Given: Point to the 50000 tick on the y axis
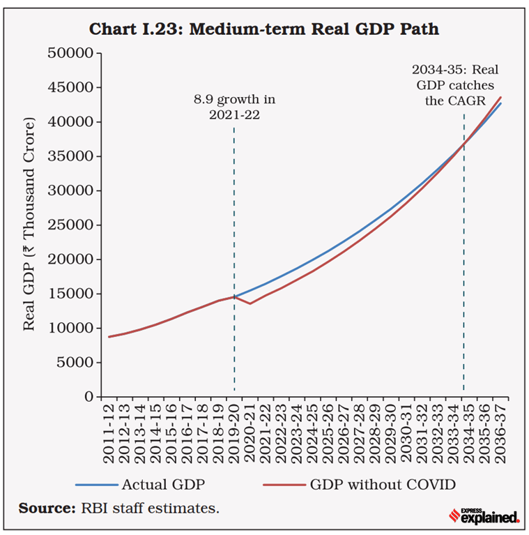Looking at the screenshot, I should pos(75,54).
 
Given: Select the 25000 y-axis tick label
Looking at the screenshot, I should pos(75,225).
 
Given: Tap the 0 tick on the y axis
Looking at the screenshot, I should pos(88,396).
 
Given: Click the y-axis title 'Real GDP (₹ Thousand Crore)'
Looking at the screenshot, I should pos(30,225).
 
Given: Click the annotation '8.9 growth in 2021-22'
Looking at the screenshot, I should pos(234,107).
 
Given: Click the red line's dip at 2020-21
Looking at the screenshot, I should pos(250,303).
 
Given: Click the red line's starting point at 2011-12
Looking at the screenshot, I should pos(110,337).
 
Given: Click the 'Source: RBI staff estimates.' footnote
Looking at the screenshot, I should pos(119,508).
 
